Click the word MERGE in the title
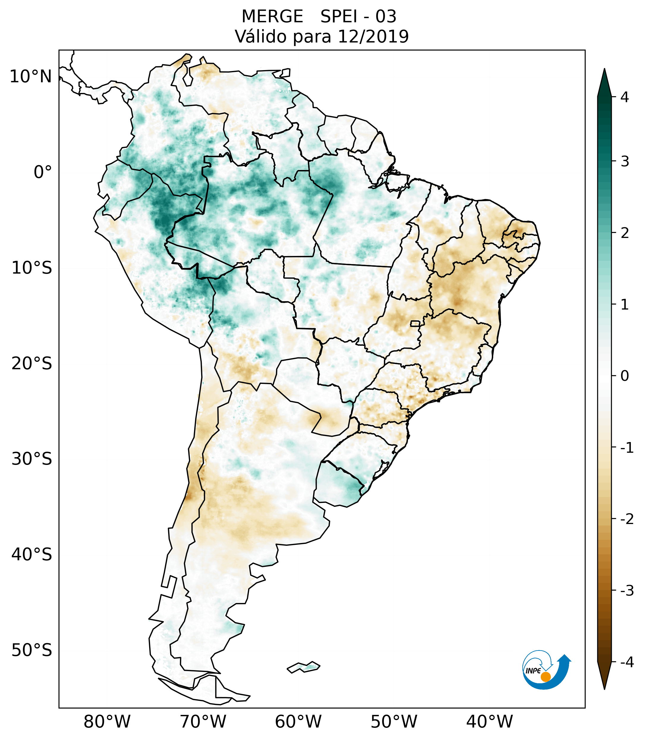click(272, 17)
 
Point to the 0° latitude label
click(43, 172)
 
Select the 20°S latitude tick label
click(32, 364)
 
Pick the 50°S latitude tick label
click(32, 651)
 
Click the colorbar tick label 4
click(625, 97)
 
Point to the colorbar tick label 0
click(625, 376)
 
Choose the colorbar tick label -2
click(627, 520)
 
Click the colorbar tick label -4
click(627, 662)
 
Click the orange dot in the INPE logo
click(546, 677)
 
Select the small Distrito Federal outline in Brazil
click(415, 323)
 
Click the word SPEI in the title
click(338, 17)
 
